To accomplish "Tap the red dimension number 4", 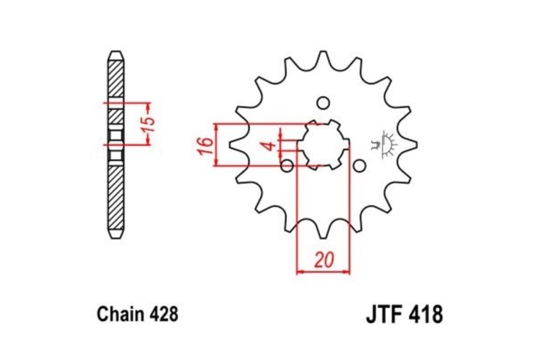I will [x=269, y=145].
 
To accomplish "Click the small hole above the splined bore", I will [x=323, y=103].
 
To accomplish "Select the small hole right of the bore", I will [x=358, y=164].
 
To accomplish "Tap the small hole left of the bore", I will [x=288, y=165].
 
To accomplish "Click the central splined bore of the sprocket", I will [x=323, y=144].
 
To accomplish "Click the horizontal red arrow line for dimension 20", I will [x=322, y=270].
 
